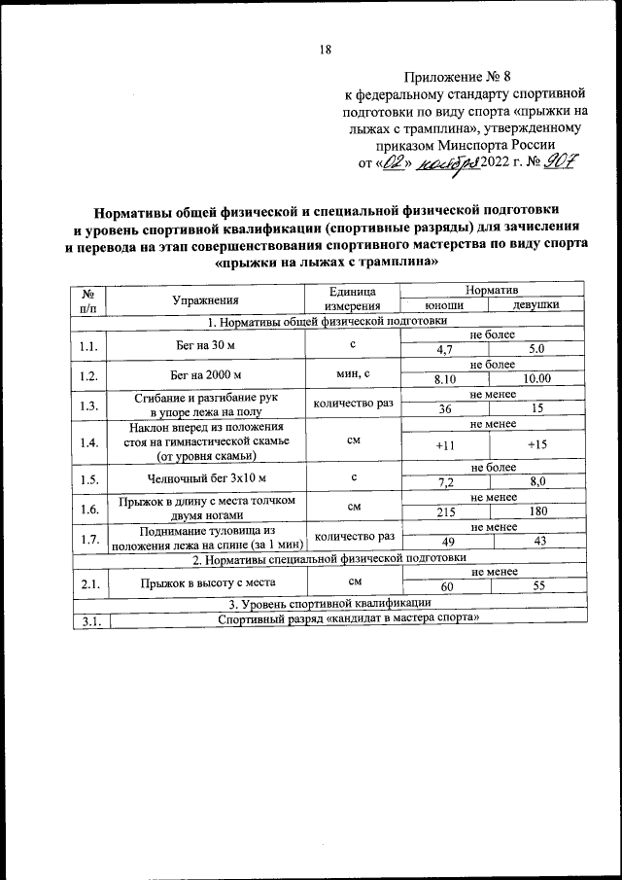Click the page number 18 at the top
tap(325, 52)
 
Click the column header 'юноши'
tap(445, 305)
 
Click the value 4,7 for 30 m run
tap(445, 348)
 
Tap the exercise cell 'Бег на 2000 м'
tap(206, 373)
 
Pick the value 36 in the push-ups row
tap(445, 409)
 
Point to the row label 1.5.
tap(90, 478)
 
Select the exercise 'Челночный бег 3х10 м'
tap(206, 477)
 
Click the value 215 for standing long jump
tap(445, 511)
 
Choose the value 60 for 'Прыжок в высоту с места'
tap(446, 587)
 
